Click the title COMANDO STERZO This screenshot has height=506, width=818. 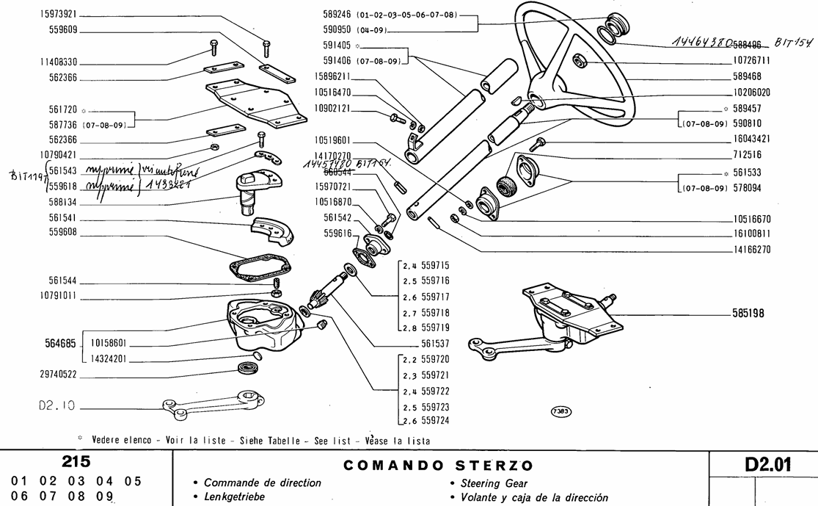click(x=439, y=466)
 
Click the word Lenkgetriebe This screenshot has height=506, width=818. click(x=234, y=497)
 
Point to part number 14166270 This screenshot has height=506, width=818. click(x=751, y=249)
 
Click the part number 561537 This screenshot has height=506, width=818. click(x=436, y=343)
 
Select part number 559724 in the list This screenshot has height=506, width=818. click(x=436, y=421)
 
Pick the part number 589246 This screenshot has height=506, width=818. click(x=337, y=14)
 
